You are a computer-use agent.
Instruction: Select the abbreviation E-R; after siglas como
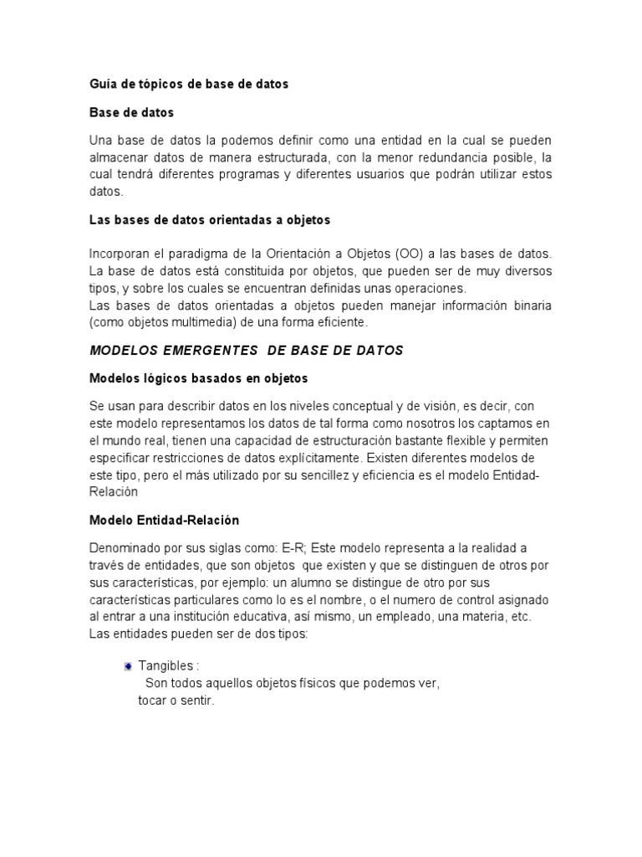(295, 548)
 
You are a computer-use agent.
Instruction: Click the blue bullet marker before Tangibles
(128, 666)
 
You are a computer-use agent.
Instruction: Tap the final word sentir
(197, 700)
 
